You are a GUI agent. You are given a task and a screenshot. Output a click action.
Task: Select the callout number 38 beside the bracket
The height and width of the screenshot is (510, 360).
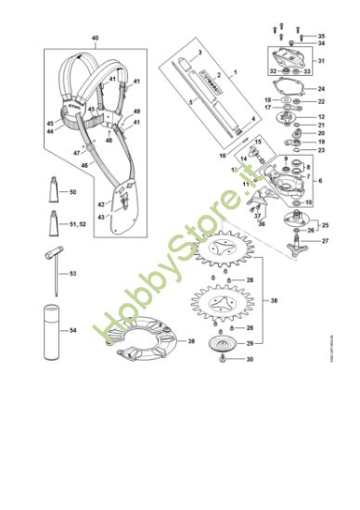point(273,300)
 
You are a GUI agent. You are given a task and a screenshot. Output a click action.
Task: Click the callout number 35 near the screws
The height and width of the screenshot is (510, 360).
point(322,35)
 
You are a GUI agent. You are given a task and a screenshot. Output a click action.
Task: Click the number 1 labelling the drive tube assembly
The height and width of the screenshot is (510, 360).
point(235,71)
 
